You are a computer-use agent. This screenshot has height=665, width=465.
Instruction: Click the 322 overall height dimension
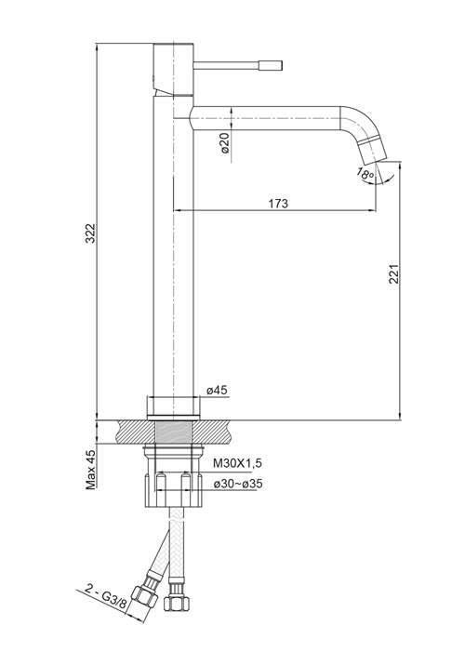[90, 233]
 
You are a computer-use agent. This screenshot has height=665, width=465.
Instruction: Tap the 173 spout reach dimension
[278, 204]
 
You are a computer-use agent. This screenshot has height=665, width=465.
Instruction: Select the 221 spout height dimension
[393, 274]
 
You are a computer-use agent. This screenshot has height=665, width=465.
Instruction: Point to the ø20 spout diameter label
[225, 142]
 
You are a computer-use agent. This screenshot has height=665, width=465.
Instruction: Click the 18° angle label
[365, 174]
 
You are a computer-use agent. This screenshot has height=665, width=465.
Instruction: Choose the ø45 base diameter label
[218, 391]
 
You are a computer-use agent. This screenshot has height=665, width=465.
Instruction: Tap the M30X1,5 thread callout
[237, 463]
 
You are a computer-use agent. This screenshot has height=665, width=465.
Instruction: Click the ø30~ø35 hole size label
[238, 483]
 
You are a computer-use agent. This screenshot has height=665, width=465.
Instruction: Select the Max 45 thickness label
[91, 470]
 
